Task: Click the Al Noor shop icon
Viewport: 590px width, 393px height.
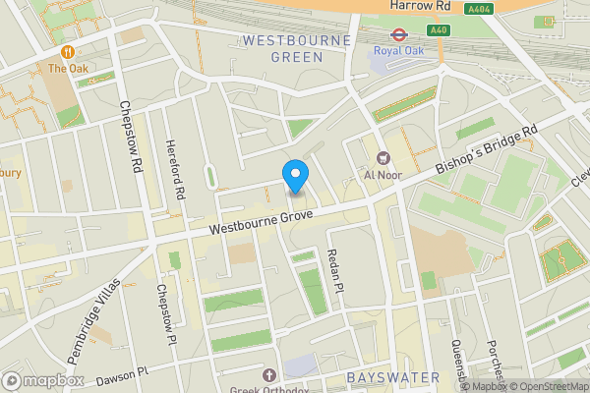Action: [x=383, y=157]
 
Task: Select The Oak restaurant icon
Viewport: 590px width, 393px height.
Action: [x=68, y=51]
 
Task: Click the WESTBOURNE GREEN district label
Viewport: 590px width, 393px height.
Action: [x=282, y=48]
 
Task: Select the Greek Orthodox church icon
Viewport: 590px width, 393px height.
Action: [x=269, y=375]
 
